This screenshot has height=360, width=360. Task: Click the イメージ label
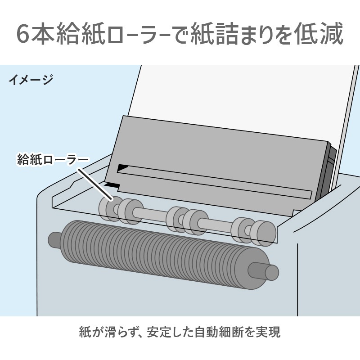[31, 80]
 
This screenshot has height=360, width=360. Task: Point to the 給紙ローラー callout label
[53, 160]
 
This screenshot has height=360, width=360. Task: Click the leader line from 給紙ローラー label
[95, 184]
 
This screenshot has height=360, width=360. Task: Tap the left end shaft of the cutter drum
[54, 239]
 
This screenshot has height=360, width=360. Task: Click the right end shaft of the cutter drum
[264, 271]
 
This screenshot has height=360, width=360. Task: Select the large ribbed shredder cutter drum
[164, 254]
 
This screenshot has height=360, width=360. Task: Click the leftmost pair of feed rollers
[121, 210]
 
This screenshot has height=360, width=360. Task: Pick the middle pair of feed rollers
[187, 221]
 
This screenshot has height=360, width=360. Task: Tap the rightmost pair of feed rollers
[253, 232]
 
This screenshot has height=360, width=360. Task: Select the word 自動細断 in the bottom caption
[219, 332]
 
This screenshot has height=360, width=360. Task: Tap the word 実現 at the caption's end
[268, 332]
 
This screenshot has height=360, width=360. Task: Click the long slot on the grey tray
[215, 181]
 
